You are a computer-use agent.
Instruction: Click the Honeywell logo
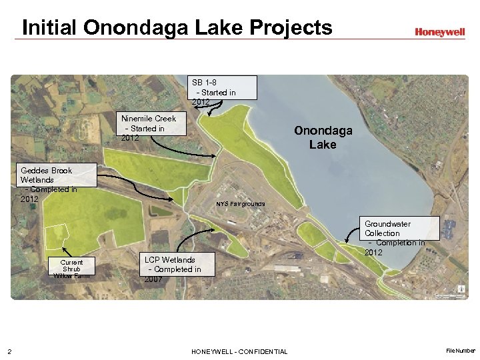click(x=439, y=31)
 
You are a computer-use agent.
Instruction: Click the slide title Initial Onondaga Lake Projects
click(x=177, y=28)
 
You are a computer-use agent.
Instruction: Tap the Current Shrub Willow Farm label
click(x=71, y=269)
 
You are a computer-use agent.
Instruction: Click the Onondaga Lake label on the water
click(x=323, y=137)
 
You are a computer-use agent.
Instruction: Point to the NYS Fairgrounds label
click(x=240, y=203)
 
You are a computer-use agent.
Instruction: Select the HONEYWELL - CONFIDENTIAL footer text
click(x=239, y=351)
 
